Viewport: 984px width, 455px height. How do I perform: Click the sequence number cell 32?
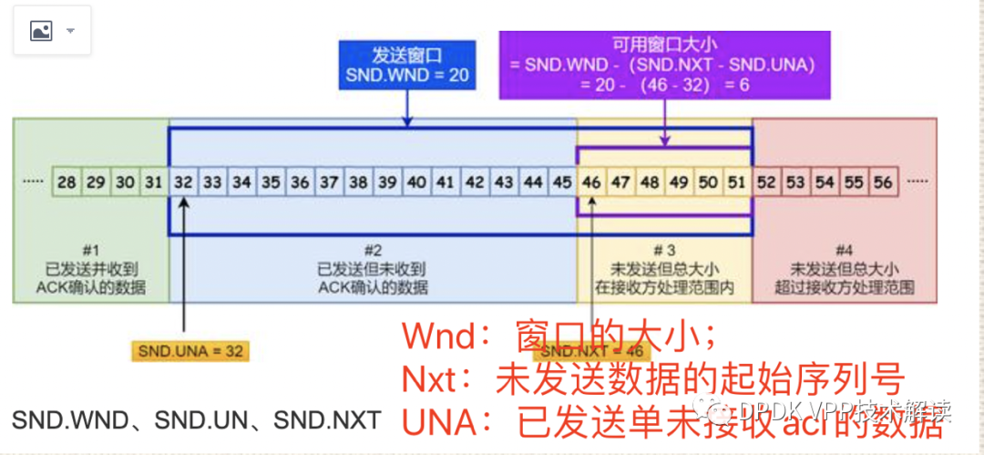[x=183, y=182]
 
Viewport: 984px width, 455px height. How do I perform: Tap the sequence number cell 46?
[x=591, y=182]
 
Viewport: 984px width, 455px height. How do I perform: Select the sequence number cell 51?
[x=737, y=182]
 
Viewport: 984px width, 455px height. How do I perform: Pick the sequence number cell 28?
[x=67, y=182]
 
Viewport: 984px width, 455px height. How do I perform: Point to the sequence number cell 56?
[x=883, y=182]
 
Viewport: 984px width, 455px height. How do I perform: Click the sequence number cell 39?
[x=387, y=182]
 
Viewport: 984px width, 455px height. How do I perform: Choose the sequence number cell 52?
[x=766, y=182]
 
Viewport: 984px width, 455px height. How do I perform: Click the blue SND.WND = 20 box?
[x=407, y=66]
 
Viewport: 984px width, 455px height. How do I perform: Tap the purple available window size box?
[x=664, y=65]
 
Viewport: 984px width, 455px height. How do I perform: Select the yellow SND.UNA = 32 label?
[x=190, y=351]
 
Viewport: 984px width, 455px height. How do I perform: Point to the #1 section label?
[x=90, y=250]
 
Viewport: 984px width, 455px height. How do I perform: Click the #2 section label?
[x=372, y=250]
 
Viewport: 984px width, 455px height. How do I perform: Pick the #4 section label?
[x=845, y=250]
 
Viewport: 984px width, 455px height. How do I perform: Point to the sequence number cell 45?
[x=562, y=182]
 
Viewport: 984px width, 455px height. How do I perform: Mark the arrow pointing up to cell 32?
[x=184, y=264]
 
